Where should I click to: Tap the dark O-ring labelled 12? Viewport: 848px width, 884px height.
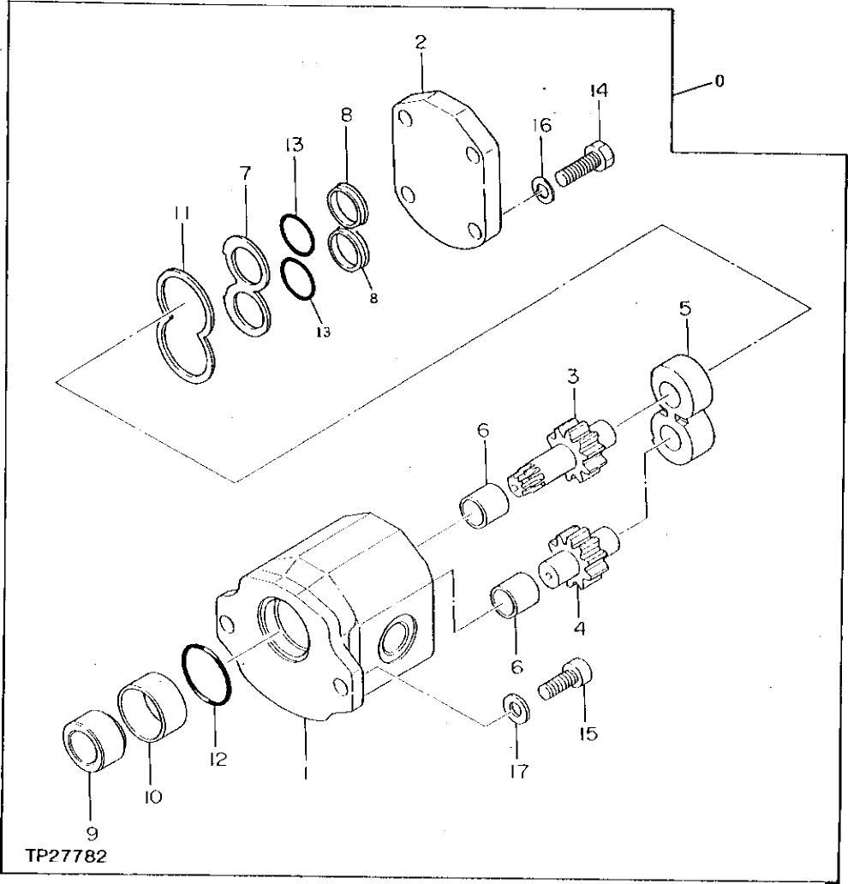[x=206, y=674]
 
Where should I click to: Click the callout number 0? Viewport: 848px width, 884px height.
[x=719, y=82]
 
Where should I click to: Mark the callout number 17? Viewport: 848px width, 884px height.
[x=517, y=771]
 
